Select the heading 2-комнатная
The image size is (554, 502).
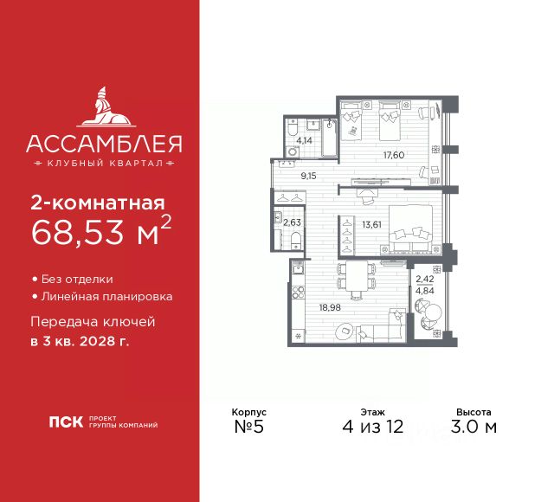(96, 204)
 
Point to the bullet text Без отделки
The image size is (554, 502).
(77, 280)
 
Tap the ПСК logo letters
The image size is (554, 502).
(67, 423)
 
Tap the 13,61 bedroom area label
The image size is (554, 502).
(370, 224)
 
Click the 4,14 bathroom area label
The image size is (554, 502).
(303, 138)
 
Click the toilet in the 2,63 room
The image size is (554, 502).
(295, 240)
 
